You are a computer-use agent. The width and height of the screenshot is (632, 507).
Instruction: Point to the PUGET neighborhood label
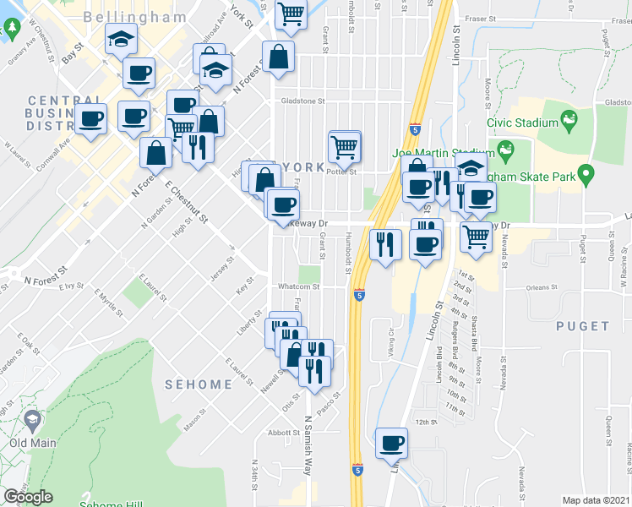pos(583,325)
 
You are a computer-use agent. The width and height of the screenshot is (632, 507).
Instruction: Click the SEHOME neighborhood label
pos(198,384)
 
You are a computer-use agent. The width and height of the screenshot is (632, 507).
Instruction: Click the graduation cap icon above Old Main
pos(33,419)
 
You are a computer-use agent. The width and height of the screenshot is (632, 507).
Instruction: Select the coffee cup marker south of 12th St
pos(392,444)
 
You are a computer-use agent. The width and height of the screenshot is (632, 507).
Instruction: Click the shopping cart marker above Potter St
pos(344,148)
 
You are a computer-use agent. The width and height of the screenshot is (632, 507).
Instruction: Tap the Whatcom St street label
pos(300,286)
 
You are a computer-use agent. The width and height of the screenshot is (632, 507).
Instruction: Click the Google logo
pos(28,497)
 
